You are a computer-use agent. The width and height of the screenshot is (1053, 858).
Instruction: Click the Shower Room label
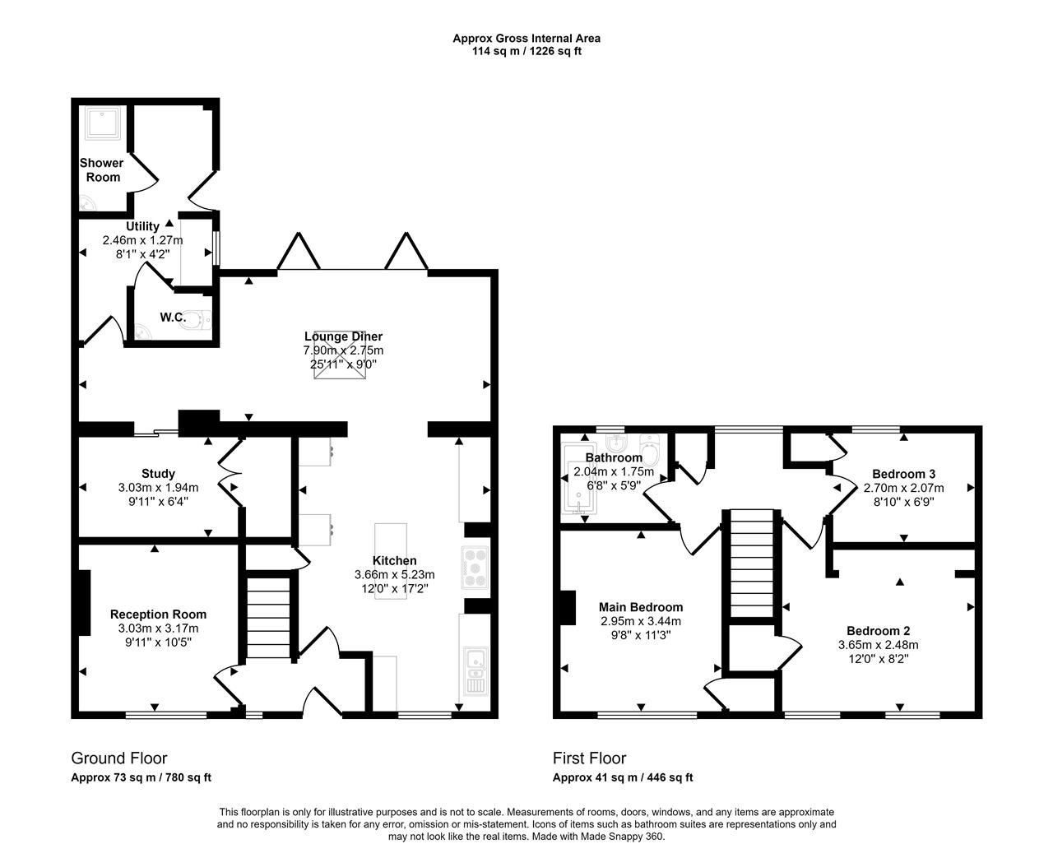[102, 170]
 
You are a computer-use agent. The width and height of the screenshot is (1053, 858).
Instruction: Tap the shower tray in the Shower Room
[103, 123]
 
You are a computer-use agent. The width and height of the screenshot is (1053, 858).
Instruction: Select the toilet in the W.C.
[197, 320]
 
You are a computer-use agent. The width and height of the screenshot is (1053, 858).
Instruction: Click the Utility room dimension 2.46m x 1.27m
[142, 240]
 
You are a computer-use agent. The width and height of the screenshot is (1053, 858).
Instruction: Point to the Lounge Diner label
[343, 336]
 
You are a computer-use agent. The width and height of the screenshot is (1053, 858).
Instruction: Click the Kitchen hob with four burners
[475, 568]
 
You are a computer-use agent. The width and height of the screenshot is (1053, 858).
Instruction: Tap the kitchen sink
[475, 670]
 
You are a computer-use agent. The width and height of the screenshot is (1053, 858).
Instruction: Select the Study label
[158, 474]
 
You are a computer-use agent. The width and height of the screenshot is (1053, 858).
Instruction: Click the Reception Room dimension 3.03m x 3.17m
[158, 628]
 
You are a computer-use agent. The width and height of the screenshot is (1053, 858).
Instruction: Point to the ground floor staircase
[268, 617]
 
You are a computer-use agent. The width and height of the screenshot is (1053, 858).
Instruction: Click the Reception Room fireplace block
[85, 602]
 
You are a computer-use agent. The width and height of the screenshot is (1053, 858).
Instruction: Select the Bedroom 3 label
[903, 474]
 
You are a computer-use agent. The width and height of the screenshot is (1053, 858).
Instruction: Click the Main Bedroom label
[641, 607]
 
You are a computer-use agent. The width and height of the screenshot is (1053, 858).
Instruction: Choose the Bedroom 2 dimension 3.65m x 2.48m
[878, 644]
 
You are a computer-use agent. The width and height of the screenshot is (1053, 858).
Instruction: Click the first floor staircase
[751, 563]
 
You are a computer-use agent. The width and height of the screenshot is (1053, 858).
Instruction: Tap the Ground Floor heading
[119, 758]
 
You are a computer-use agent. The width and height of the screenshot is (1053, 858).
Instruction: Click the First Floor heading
[589, 758]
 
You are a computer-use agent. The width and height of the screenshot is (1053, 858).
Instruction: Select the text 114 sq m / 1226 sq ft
[526, 51]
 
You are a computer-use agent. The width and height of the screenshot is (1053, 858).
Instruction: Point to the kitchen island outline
[391, 562]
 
